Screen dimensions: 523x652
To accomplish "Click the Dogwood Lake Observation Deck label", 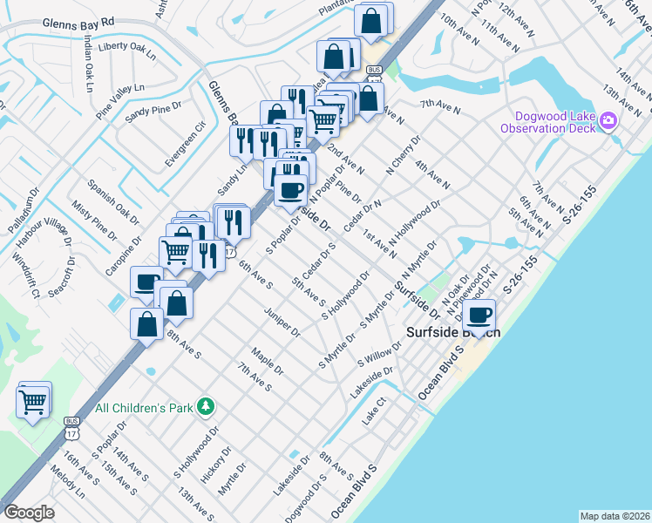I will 548,122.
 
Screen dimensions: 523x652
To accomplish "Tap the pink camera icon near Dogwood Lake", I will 608,122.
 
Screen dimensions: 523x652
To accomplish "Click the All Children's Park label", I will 144,407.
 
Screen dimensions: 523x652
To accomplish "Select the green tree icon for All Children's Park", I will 206,406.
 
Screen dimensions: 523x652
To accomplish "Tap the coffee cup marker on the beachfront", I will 479,316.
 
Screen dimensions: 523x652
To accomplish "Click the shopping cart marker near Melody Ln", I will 33,402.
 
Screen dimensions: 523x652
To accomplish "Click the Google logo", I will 29,513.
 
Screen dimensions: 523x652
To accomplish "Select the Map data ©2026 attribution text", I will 614,515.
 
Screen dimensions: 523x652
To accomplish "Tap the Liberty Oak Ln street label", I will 126,51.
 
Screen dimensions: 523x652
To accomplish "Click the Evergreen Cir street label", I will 188,138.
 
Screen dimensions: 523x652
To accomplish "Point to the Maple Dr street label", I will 267,361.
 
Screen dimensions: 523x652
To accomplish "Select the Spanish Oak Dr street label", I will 113,199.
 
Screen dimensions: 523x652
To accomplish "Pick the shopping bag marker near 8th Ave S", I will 146,323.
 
